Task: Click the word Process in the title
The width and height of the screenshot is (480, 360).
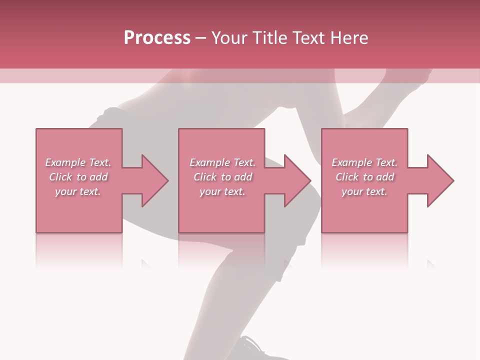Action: pos(157,38)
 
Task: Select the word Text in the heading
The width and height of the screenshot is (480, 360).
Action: pos(309,38)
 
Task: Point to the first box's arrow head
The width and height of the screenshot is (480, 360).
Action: pos(153,180)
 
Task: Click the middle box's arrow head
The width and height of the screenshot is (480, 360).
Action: pos(295,180)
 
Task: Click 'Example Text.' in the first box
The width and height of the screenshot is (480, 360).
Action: pos(78,162)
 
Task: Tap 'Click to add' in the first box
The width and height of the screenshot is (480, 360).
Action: pos(78,177)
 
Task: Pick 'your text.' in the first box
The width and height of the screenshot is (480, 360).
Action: pos(78,191)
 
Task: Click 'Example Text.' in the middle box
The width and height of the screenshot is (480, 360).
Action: pos(222,162)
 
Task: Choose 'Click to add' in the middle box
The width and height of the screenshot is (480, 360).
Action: pos(222,177)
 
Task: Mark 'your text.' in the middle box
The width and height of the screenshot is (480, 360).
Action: pos(222,191)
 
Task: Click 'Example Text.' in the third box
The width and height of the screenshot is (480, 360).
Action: pos(364,162)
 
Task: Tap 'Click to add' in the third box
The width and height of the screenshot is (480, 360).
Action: pos(364,177)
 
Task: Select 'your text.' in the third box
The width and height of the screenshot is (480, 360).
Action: pos(364,191)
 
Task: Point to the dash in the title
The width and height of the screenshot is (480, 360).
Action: pos(201,38)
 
